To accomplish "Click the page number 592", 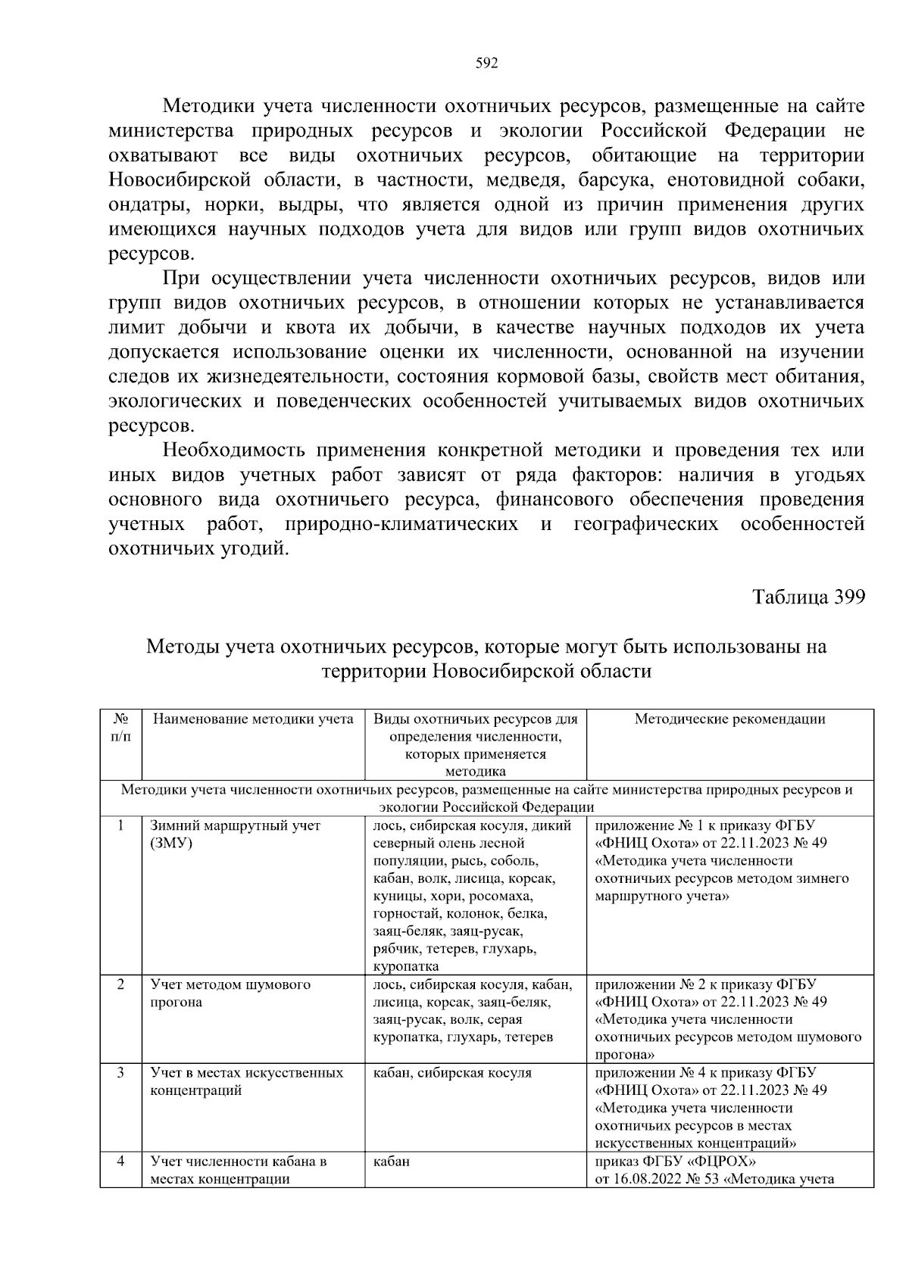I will (486, 64).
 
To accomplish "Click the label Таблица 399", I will (808, 597).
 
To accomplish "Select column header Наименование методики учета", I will (253, 719).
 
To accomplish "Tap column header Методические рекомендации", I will (729, 719).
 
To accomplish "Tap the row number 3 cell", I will (120, 1073).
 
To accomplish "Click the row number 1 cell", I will (120, 826).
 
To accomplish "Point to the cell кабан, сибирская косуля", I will (452, 1073).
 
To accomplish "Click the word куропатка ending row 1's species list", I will (406, 966).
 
